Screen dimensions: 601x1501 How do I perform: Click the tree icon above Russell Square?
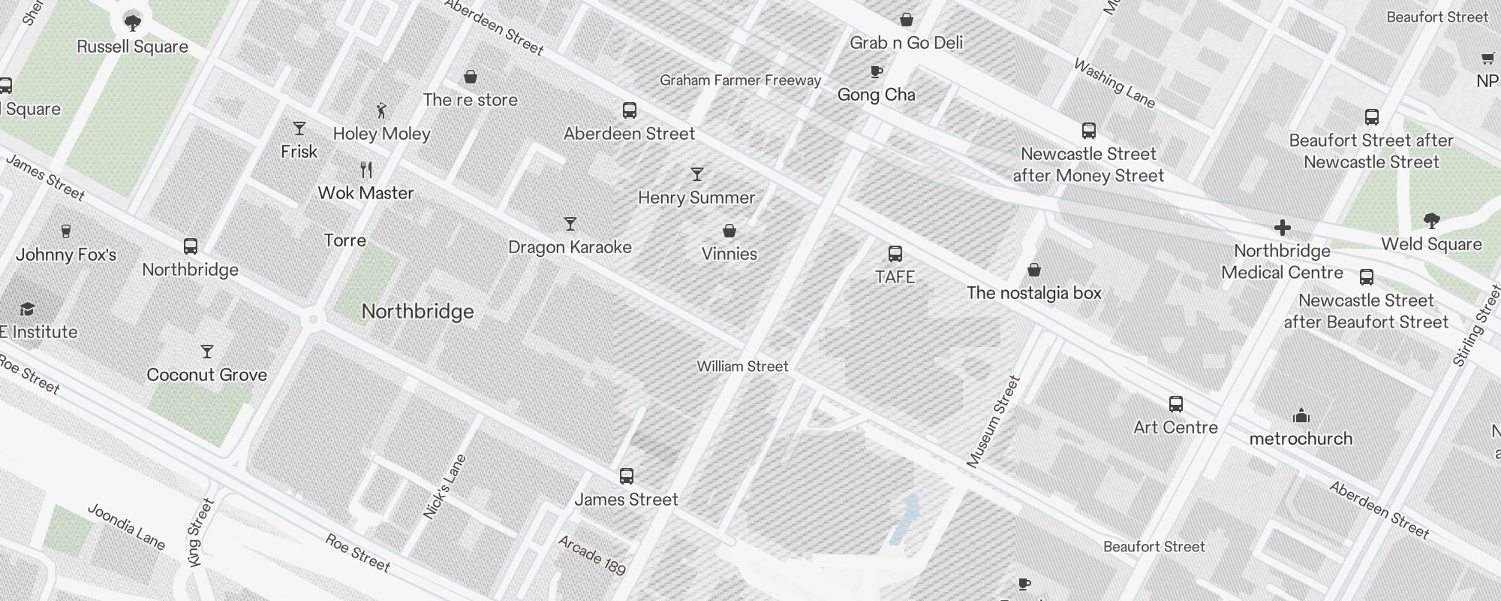coord(132,23)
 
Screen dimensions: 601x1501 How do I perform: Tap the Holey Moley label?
coord(381,134)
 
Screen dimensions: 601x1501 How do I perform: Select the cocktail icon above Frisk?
coord(299,128)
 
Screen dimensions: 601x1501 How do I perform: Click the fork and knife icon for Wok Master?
coord(366,170)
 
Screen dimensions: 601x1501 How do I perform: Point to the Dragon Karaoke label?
coord(570,247)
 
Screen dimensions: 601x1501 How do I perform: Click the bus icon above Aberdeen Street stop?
coord(630,110)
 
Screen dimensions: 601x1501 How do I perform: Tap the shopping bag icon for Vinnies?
coord(729,231)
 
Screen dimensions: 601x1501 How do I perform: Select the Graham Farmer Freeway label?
coord(740,80)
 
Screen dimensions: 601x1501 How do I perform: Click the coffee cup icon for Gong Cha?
coord(876,71)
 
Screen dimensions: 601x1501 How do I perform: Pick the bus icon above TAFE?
coord(895,254)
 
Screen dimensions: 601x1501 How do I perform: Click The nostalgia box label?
coord(1033,293)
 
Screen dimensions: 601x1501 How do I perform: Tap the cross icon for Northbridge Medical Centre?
coord(1282,228)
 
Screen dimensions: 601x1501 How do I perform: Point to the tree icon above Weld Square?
coord(1431,221)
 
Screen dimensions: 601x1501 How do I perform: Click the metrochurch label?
coord(1301,439)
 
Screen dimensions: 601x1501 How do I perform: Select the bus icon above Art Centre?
coord(1176,404)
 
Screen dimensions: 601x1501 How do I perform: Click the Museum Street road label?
coord(994,422)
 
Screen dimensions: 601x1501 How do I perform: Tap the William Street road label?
coord(742,367)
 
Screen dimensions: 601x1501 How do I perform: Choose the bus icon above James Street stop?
coord(626,476)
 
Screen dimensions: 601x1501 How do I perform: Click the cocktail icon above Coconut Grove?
coord(207,352)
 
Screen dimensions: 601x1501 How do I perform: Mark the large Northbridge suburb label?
coord(417,312)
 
